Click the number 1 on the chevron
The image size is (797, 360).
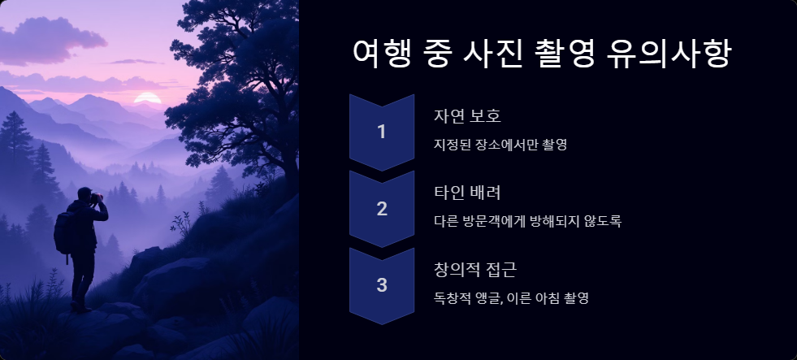[x=381, y=132]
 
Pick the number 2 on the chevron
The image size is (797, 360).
[x=381, y=208]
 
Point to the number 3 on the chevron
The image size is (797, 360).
[x=381, y=284]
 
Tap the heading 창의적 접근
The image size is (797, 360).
[x=475, y=269]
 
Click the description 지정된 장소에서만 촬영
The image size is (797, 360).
[x=500, y=145]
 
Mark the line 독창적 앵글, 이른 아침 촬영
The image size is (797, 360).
[x=511, y=297]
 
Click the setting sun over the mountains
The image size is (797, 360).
[x=147, y=98]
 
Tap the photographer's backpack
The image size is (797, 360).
[x=63, y=233]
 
